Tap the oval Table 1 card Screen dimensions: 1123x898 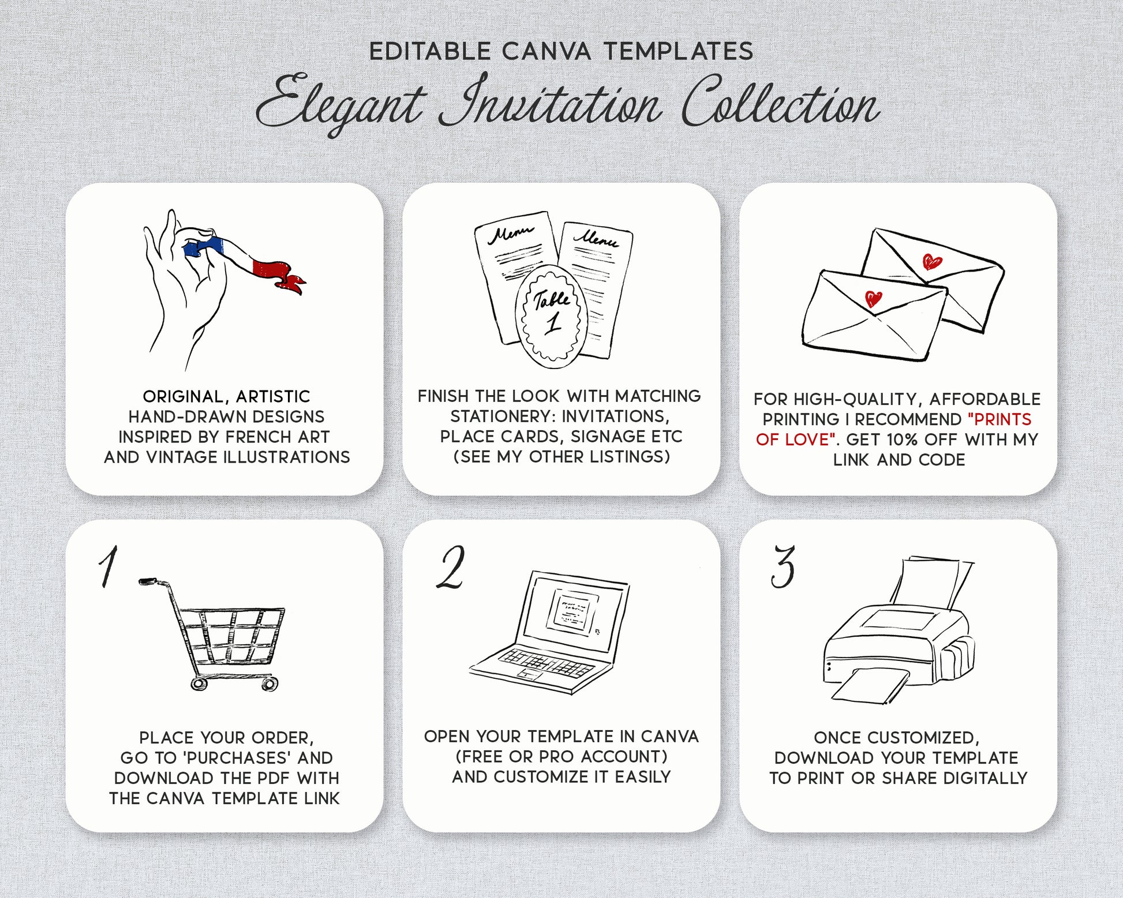(551, 317)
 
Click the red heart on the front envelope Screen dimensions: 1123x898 (873, 299)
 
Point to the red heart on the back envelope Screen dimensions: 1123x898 (932, 262)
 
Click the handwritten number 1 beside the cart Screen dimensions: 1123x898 (108, 566)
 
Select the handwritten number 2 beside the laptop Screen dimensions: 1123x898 (451, 568)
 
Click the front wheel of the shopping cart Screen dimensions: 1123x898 (268, 684)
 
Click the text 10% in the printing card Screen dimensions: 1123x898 (903, 439)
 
